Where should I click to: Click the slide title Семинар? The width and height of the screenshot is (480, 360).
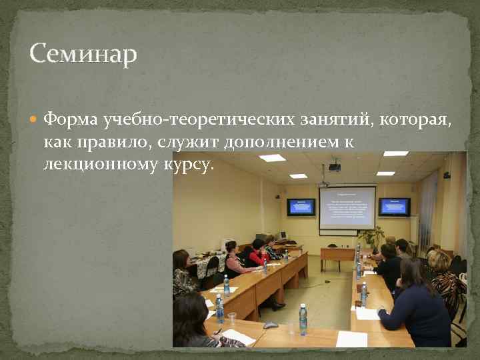83,53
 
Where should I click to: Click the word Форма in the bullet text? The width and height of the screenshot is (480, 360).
71,119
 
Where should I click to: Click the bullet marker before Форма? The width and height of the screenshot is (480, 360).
35,120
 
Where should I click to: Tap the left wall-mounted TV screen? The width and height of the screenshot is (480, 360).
301,207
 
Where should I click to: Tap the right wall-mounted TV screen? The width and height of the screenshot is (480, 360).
394,207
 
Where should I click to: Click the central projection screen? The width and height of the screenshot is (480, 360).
347,207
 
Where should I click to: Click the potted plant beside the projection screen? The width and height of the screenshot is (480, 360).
371,237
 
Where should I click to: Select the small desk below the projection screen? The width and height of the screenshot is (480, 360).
337,254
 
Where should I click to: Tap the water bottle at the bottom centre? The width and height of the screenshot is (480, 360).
303,319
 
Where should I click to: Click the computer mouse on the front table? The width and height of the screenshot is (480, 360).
271,325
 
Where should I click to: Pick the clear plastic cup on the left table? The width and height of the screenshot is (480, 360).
231,319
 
